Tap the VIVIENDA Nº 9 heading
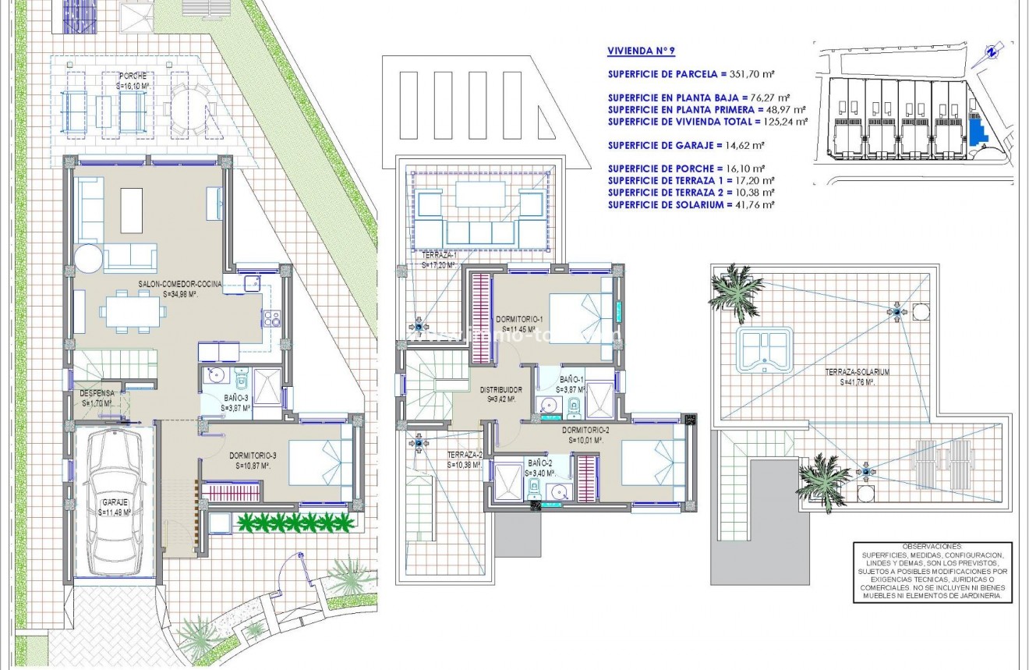641,51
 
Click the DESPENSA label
97,394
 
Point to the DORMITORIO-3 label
250,456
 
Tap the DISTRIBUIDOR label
500,389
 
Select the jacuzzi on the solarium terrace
764,349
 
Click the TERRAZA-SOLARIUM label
857,373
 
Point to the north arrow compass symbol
990,52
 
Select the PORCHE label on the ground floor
133,76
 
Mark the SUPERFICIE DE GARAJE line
686,145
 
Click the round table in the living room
88,258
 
